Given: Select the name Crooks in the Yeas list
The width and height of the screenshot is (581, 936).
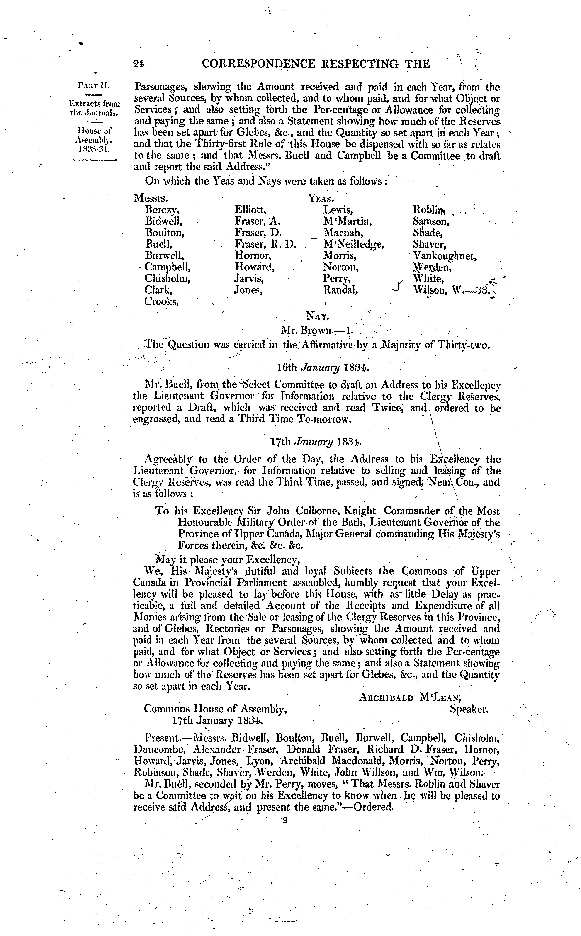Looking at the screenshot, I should (x=161, y=302).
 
